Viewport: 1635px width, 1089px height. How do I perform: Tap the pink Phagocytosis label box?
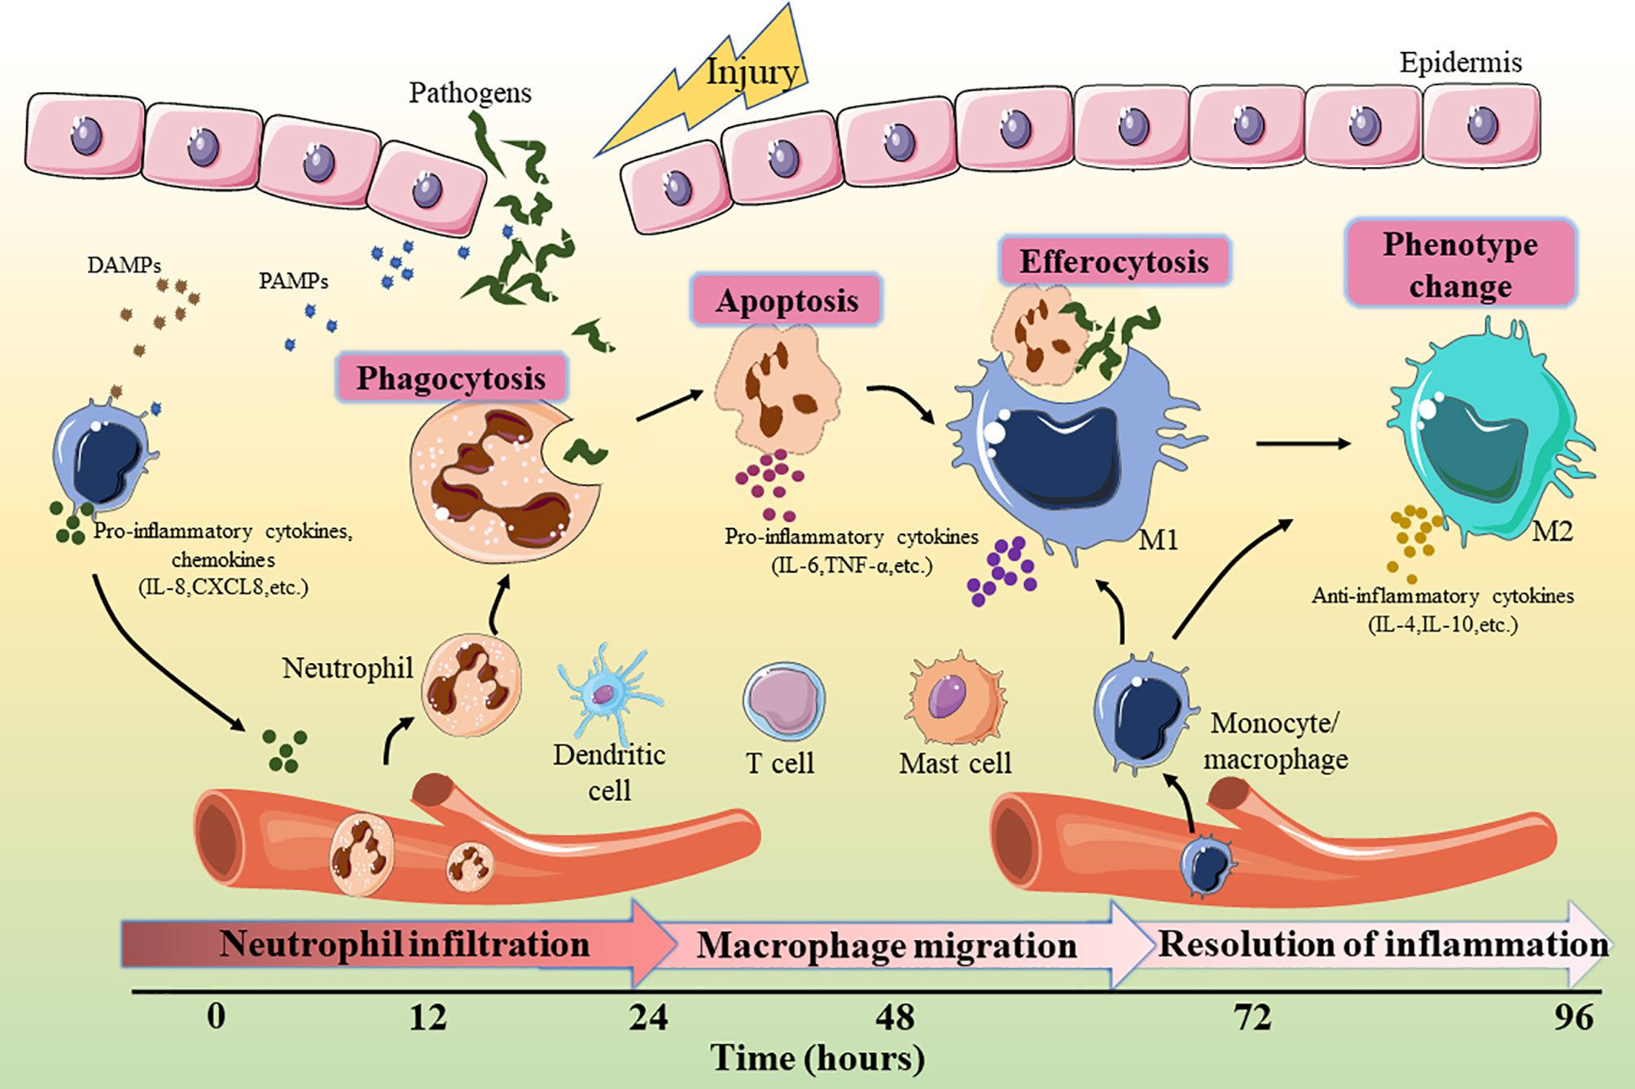tap(451, 378)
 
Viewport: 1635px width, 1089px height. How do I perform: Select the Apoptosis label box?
tap(787, 301)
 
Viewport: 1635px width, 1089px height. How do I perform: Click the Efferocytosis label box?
tap(1114, 261)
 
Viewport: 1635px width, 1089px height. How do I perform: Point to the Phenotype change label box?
tap(1461, 265)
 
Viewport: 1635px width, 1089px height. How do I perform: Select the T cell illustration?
tap(782, 700)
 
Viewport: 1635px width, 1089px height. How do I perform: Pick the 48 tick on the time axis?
tap(895, 1017)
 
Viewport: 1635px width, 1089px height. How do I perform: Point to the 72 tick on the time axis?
tap(1252, 1017)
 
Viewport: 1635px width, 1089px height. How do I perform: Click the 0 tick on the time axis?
tap(216, 1017)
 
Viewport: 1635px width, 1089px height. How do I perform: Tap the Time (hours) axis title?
tap(817, 1058)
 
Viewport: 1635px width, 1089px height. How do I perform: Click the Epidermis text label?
tap(1460, 63)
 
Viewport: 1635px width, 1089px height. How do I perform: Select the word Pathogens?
tap(470, 93)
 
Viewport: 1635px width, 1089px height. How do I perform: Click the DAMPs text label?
tap(124, 265)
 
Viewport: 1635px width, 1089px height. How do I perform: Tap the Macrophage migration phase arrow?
tap(888, 946)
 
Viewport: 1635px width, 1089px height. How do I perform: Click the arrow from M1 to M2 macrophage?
tap(1302, 444)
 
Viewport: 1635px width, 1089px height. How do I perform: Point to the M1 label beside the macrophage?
tap(1157, 539)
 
